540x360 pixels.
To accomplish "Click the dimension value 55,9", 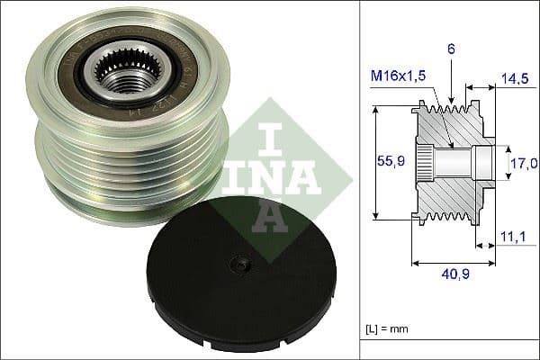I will click(x=387, y=162).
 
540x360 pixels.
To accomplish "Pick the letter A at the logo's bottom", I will click(x=267, y=212).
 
